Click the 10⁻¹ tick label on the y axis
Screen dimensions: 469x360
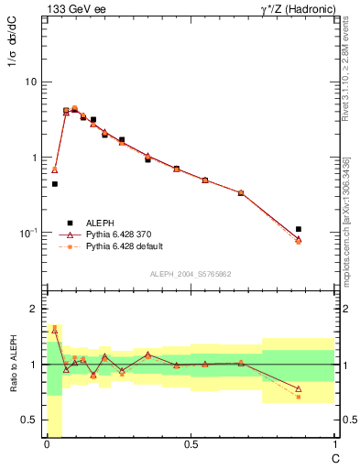point(28,233)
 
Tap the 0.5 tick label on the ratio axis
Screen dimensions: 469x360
point(27,420)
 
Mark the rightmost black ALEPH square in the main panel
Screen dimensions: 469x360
point(299,229)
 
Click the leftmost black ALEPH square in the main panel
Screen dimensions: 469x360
point(55,184)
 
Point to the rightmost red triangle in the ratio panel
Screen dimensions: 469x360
point(299,388)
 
